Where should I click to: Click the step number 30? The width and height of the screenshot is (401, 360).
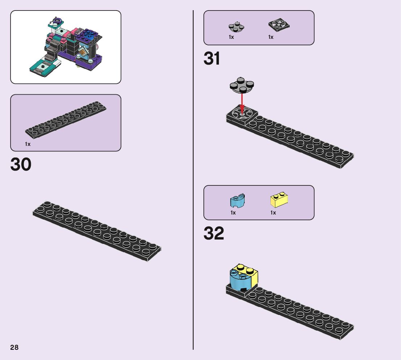[x=21, y=164]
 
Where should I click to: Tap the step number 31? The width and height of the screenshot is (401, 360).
[x=212, y=59]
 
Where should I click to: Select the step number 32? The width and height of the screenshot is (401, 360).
[x=214, y=234]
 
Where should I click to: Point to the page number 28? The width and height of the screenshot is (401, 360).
[x=14, y=347]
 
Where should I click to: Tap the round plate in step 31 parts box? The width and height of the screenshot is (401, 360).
[x=236, y=26]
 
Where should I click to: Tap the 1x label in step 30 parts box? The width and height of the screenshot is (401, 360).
[x=28, y=144]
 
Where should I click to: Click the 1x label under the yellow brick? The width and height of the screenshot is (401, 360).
[x=273, y=213]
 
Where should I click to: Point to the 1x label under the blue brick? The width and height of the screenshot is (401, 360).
[x=233, y=213]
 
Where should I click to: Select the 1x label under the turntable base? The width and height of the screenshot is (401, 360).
[x=271, y=37]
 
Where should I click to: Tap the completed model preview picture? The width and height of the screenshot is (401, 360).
[x=66, y=47]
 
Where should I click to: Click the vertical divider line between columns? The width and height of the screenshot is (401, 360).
[x=193, y=181]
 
